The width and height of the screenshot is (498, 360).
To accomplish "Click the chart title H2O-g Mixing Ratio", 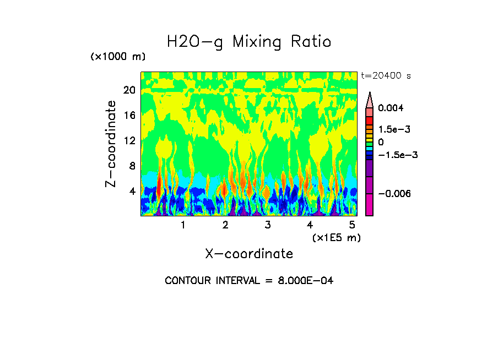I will click(x=249, y=42).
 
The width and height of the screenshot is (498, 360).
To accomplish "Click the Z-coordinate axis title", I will click(x=111, y=144).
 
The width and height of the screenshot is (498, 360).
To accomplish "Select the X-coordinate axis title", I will click(x=249, y=254).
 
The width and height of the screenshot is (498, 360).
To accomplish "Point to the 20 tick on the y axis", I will click(x=129, y=90).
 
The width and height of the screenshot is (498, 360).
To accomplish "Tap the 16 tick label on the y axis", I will click(x=129, y=116).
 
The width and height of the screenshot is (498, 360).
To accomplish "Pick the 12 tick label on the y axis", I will click(x=129, y=141).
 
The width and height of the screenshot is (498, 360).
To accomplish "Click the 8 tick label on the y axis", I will click(x=132, y=166).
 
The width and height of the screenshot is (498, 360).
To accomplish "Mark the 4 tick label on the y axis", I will click(x=132, y=192).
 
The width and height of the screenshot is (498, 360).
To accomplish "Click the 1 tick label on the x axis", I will click(x=183, y=225).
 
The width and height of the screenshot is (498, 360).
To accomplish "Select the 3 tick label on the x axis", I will click(x=267, y=225).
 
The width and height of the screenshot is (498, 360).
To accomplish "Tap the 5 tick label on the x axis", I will click(x=352, y=225).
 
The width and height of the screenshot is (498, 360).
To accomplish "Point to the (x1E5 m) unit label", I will click(x=336, y=238).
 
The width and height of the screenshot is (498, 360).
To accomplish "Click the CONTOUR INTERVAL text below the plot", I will click(x=249, y=281).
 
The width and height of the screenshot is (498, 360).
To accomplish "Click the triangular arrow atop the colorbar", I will click(x=370, y=100).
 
